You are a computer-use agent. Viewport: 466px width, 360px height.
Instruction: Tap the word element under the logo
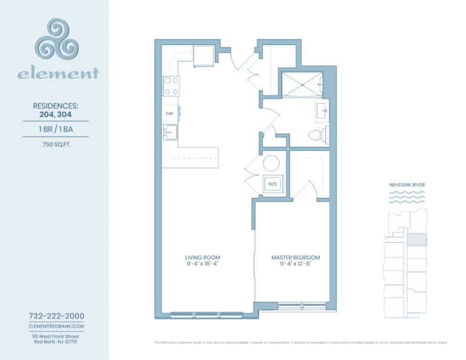[x=58, y=75]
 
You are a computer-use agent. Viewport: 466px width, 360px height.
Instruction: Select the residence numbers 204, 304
[x=55, y=112]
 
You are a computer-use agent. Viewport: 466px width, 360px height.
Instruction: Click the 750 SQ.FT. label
[x=55, y=144]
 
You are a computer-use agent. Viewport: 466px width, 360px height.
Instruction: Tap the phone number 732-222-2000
[x=56, y=316]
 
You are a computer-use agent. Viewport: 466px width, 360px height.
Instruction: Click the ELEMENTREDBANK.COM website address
[x=56, y=326]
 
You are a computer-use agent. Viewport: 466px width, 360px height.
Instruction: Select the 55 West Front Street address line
[x=56, y=336]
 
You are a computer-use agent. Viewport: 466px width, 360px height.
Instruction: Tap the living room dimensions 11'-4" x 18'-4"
[x=202, y=264]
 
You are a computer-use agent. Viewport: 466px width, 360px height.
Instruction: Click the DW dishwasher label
[x=169, y=114]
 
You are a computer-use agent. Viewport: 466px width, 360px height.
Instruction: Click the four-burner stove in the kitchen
[x=171, y=86]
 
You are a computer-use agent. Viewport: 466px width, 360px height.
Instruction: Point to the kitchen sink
[x=171, y=131]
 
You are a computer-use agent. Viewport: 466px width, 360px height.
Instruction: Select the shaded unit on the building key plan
[x=416, y=240]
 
